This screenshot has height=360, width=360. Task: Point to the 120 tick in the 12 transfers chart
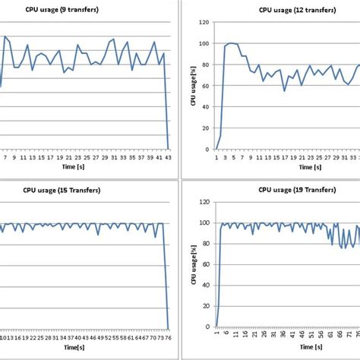point(204,22)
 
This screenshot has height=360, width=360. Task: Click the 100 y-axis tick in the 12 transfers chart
point(204,43)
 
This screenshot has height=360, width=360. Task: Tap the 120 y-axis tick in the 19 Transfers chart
point(204,203)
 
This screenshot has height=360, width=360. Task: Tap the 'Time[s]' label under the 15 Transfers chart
point(74,346)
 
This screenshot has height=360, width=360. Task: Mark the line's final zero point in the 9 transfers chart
point(168,149)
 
